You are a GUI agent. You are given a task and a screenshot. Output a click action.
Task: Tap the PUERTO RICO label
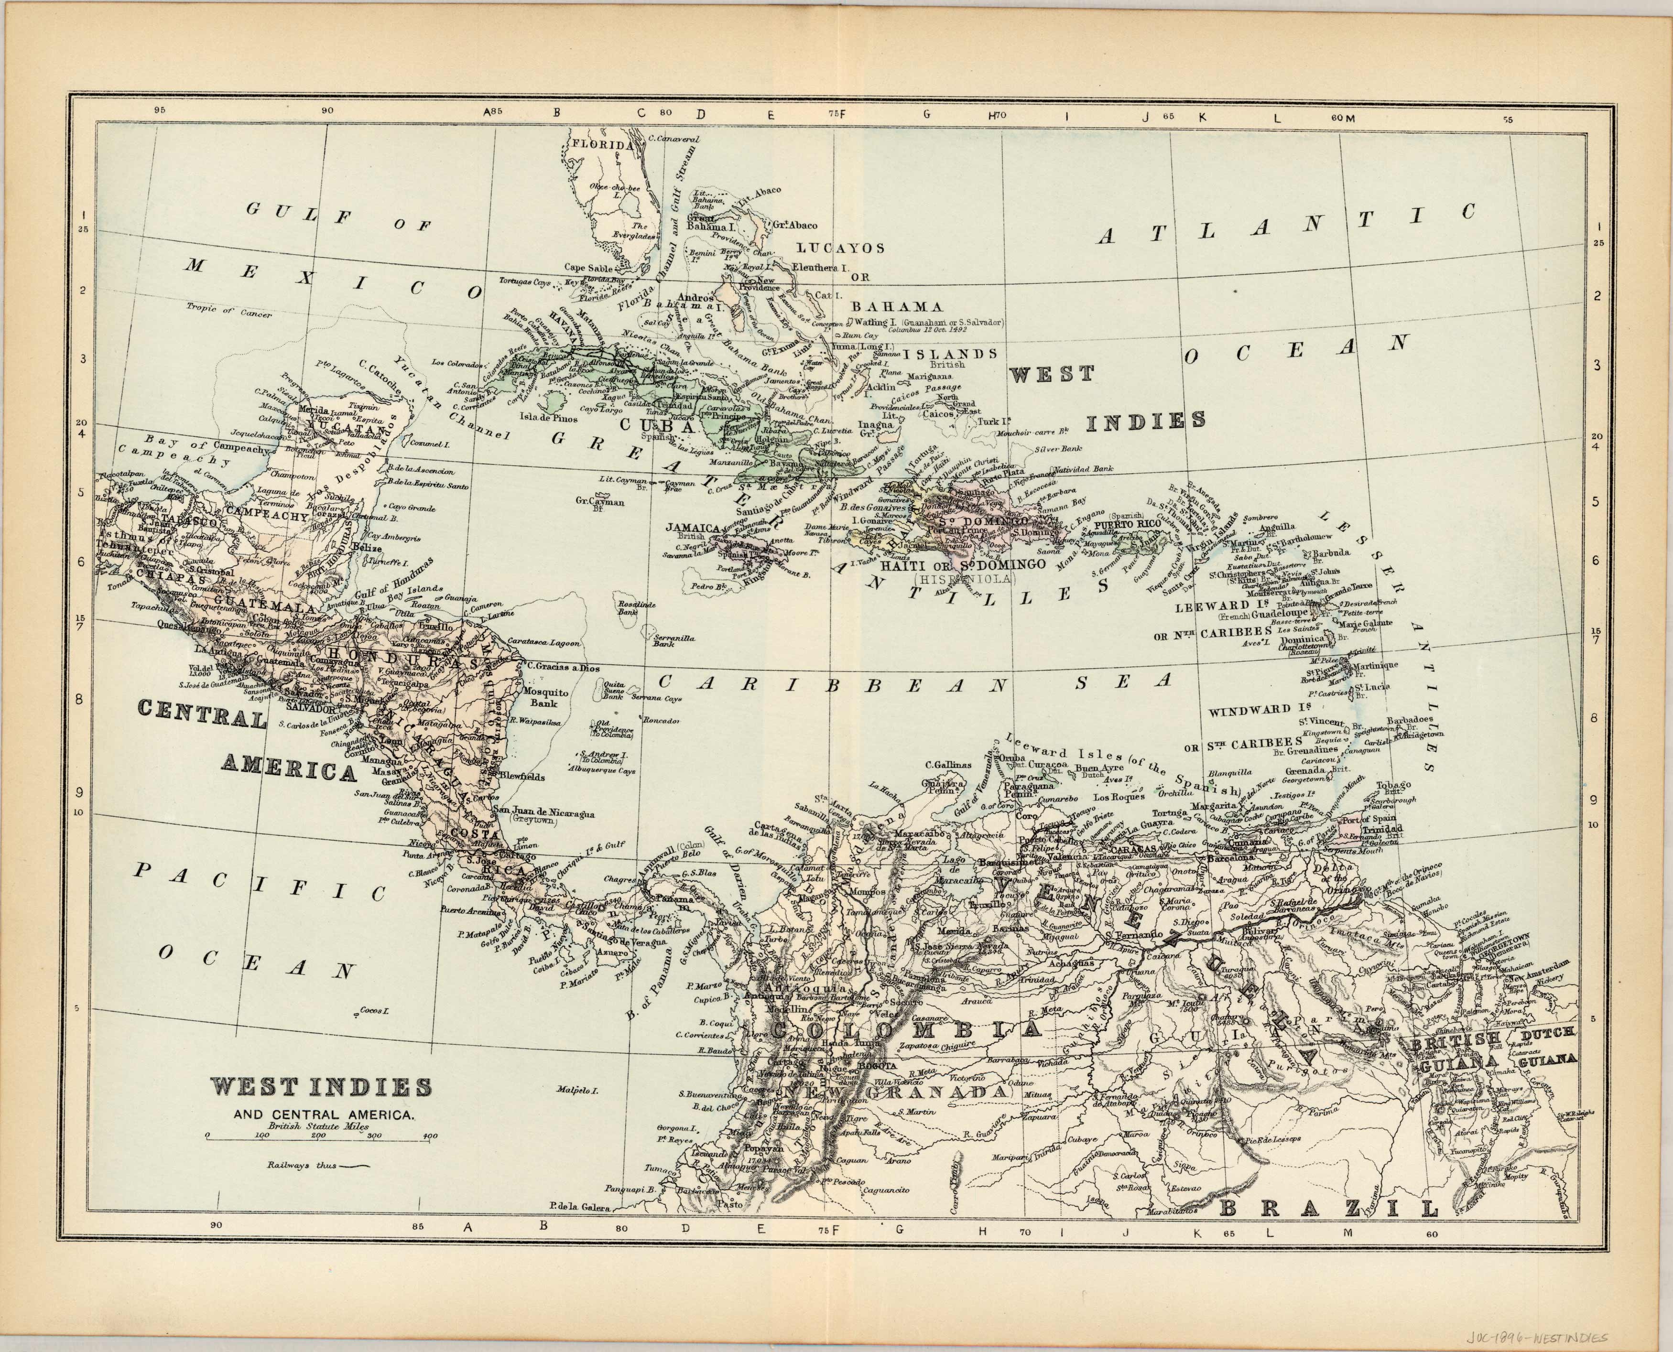(x=1128, y=525)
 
